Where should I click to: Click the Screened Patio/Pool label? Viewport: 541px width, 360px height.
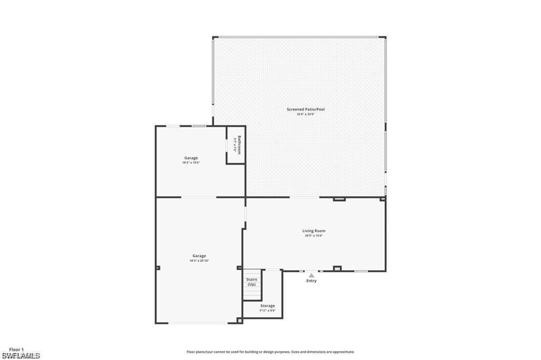tap(305, 109)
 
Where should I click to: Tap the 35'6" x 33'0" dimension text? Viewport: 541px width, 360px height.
tap(305, 115)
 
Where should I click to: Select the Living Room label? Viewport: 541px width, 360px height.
tap(313, 231)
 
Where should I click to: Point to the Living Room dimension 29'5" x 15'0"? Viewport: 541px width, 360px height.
tap(313, 236)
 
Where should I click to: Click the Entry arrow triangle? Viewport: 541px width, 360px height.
tap(312, 275)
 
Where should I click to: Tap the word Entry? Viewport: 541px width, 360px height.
tap(312, 281)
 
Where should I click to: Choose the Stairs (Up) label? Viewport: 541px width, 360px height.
tap(251, 281)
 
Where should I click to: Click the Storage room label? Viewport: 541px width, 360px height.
tap(267, 306)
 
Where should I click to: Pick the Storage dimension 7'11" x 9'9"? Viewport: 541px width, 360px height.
tap(267, 311)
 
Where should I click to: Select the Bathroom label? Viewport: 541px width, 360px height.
tap(239, 145)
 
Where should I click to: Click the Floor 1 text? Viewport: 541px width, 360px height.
tap(16, 349)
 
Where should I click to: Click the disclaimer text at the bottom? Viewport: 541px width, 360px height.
tap(270, 352)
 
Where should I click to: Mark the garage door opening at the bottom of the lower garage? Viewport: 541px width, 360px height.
tap(199, 323)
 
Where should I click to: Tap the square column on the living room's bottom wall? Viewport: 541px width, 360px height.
tap(337, 268)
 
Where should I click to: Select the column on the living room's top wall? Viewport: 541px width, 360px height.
tap(339, 199)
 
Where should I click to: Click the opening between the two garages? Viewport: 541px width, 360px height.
tap(199, 197)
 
